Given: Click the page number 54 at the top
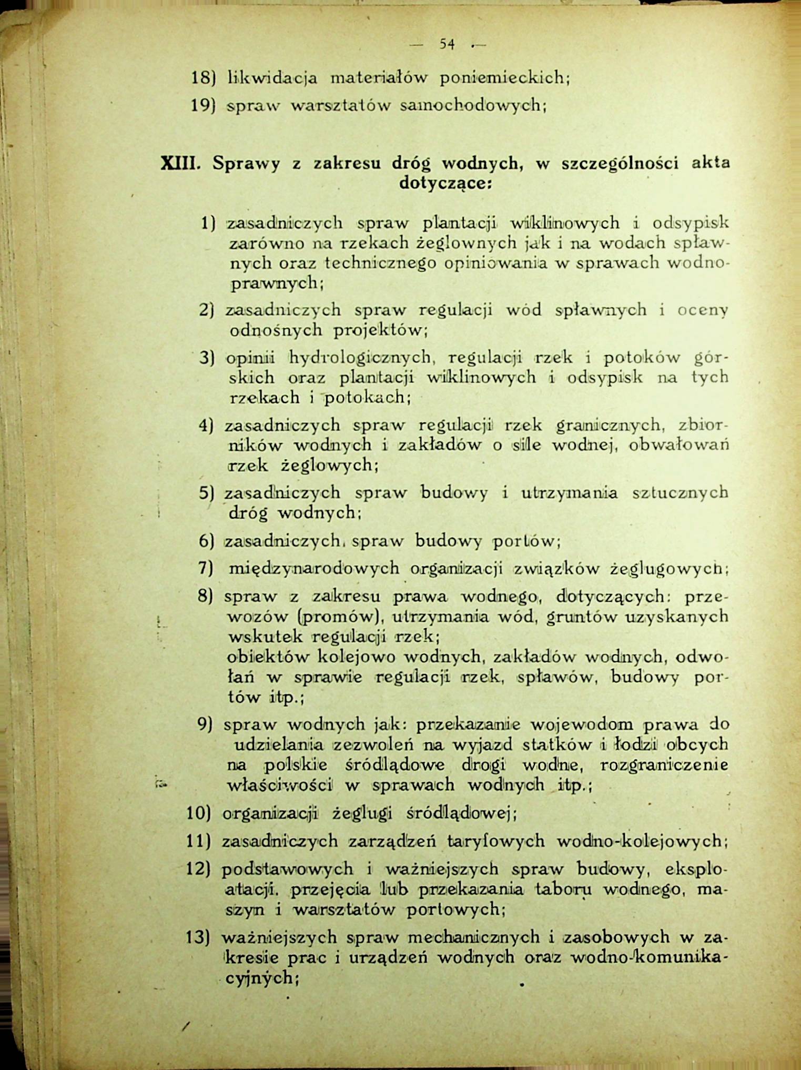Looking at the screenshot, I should [x=448, y=45].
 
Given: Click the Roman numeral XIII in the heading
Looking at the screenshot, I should [x=179, y=164].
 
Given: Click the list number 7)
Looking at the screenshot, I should [x=205, y=568].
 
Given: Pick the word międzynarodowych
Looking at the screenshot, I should [x=314, y=569].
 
